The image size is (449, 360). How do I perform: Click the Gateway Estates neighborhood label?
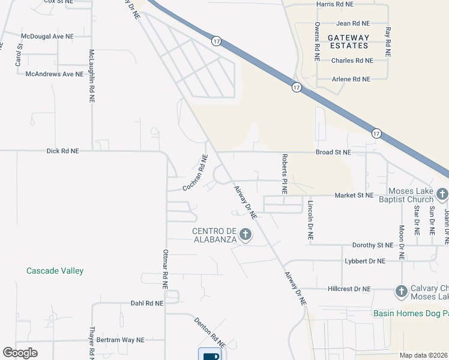pyautogui.click(x=348, y=41)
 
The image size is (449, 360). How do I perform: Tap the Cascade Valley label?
pyautogui.click(x=55, y=271)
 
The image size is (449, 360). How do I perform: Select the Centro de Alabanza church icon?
pyautogui.click(x=245, y=234)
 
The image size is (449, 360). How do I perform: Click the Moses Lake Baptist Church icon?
pyautogui.click(x=442, y=194)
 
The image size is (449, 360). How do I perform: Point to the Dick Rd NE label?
pyautogui.click(x=62, y=151)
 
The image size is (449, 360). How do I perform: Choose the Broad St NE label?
pyautogui.click(x=333, y=152)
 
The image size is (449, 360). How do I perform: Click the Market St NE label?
pyautogui.click(x=354, y=196)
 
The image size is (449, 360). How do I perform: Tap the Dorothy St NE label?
pyautogui.click(x=372, y=245)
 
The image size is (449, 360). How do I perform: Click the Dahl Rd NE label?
pyautogui.click(x=146, y=304)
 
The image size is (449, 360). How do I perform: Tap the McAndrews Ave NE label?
pyautogui.click(x=54, y=74)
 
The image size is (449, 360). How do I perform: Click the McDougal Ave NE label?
pyautogui.click(x=47, y=36)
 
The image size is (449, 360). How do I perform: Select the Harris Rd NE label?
pyautogui.click(x=335, y=4)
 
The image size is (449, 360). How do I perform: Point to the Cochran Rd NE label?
pyautogui.click(x=195, y=173)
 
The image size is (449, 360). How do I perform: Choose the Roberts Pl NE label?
pyautogui.click(x=285, y=173)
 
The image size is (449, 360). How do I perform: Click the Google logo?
pyautogui.click(x=20, y=353)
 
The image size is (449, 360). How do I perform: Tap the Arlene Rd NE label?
pyautogui.click(x=352, y=79)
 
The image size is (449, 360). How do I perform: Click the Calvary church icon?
pyautogui.click(x=402, y=292)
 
